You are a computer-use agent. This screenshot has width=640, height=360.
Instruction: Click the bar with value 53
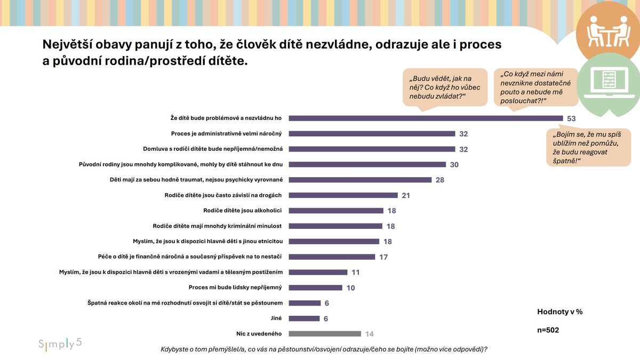[426, 118]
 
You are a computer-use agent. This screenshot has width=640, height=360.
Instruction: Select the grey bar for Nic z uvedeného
[325, 334]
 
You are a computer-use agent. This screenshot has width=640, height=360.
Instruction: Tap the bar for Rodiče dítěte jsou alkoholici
[336, 211]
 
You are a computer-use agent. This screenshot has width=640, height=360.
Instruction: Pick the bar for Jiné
[305, 318]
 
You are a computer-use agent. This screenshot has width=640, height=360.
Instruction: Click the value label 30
[454, 165]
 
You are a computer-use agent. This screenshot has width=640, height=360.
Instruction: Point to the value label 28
[440, 180]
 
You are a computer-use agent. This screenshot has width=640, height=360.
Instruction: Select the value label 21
[406, 196]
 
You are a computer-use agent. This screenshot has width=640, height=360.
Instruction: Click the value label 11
[356, 273]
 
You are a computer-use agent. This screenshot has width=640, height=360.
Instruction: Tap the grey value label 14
[369, 334]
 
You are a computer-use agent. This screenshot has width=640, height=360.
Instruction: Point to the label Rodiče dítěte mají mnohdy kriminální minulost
[217, 226]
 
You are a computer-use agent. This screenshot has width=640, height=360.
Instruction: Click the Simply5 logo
[60, 343]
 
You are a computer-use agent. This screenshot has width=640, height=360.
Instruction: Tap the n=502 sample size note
[548, 330]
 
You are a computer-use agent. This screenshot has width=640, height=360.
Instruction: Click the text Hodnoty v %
[559, 312]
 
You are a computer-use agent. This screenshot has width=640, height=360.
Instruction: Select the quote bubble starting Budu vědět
[445, 87]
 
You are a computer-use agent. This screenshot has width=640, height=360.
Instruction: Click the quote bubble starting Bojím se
[588, 147]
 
